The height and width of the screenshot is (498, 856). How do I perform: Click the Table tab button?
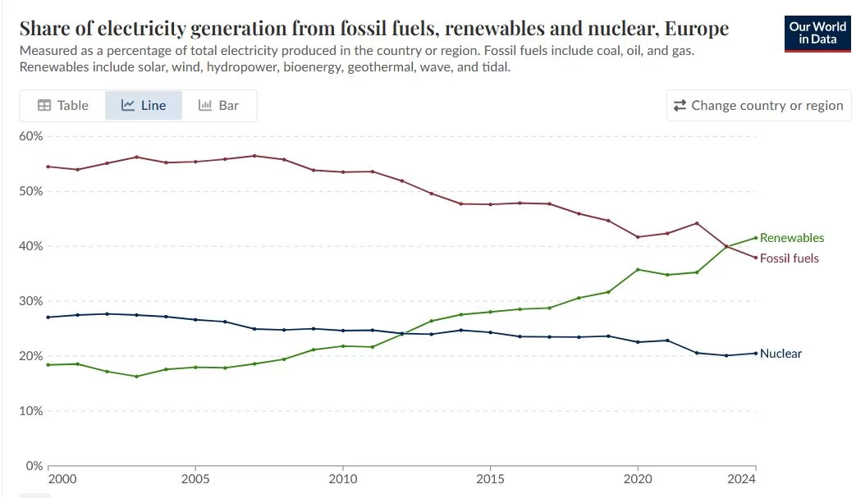pyautogui.click(x=63, y=105)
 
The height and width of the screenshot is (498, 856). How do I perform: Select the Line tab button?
pyautogui.click(x=144, y=105)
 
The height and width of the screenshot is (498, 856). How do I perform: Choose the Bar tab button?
pyautogui.click(x=219, y=105)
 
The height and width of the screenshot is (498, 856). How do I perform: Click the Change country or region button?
pyautogui.click(x=758, y=105)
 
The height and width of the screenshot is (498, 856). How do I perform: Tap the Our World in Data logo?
pyautogui.click(x=817, y=33)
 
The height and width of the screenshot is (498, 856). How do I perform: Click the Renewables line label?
pyautogui.click(x=791, y=238)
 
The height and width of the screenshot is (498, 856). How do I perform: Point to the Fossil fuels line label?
pyautogui.click(x=789, y=258)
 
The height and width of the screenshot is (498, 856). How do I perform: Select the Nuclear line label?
pyautogui.click(x=780, y=354)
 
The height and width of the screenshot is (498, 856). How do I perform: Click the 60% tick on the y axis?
pyautogui.click(x=30, y=136)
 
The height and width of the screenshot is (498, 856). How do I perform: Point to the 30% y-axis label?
pyautogui.click(x=30, y=301)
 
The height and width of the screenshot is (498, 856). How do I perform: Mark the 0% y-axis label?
pyautogui.click(x=34, y=466)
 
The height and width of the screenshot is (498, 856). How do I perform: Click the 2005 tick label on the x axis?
pyautogui.click(x=195, y=478)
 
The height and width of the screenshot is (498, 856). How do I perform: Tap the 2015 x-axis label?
pyautogui.click(x=490, y=478)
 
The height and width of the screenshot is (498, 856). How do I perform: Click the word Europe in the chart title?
pyautogui.click(x=697, y=29)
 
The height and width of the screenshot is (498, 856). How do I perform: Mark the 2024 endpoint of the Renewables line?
pyautogui.click(x=755, y=238)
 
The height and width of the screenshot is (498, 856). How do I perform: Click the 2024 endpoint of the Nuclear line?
pyautogui.click(x=755, y=354)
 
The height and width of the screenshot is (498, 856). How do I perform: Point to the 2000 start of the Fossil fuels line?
pyautogui.click(x=48, y=167)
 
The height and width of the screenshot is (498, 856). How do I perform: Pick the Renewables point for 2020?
pyautogui.click(x=638, y=269)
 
